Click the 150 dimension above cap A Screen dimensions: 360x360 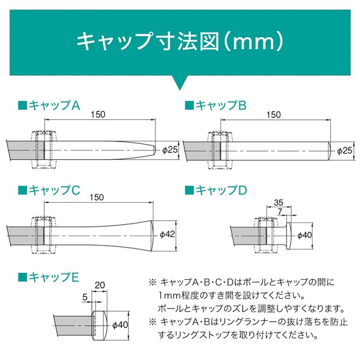[x=98, y=114]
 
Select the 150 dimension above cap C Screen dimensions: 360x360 [x=97, y=197]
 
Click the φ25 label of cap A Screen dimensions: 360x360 [x=171, y=150]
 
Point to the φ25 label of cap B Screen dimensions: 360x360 [x=345, y=151]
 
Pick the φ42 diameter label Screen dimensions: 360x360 [x=167, y=234]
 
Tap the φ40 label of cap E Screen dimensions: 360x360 [x=119, y=326]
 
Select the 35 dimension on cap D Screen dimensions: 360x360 [x=279, y=203]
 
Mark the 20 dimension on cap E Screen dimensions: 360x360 [x=100, y=285]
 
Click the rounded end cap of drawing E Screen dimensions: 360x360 [x=100, y=325]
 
